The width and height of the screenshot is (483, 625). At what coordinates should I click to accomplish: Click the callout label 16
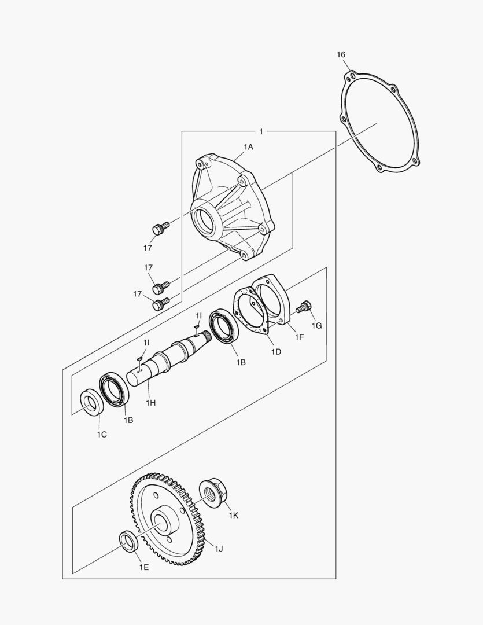(341, 54)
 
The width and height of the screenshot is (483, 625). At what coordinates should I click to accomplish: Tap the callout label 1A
(248, 147)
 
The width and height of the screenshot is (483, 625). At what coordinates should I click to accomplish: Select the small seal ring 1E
(128, 539)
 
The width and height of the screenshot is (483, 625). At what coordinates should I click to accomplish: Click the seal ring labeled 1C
(91, 403)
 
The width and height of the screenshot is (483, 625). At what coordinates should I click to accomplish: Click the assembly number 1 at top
(261, 132)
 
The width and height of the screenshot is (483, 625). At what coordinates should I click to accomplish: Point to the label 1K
(233, 515)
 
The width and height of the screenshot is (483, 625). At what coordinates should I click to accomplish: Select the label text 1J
(219, 549)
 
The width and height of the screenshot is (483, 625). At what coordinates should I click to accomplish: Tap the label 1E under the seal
(143, 567)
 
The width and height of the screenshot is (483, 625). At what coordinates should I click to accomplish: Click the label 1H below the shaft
(150, 402)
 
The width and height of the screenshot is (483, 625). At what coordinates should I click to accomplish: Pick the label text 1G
(316, 326)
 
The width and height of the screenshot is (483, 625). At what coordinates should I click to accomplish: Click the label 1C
(101, 434)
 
